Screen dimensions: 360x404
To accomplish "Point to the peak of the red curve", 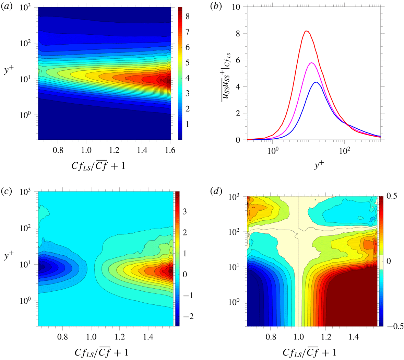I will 307,31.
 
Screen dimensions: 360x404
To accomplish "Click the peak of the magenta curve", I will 311,62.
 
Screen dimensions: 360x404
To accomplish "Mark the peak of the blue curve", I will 316,82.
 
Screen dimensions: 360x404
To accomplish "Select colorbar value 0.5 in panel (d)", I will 392,196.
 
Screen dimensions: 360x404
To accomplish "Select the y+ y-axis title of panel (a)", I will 11,72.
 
